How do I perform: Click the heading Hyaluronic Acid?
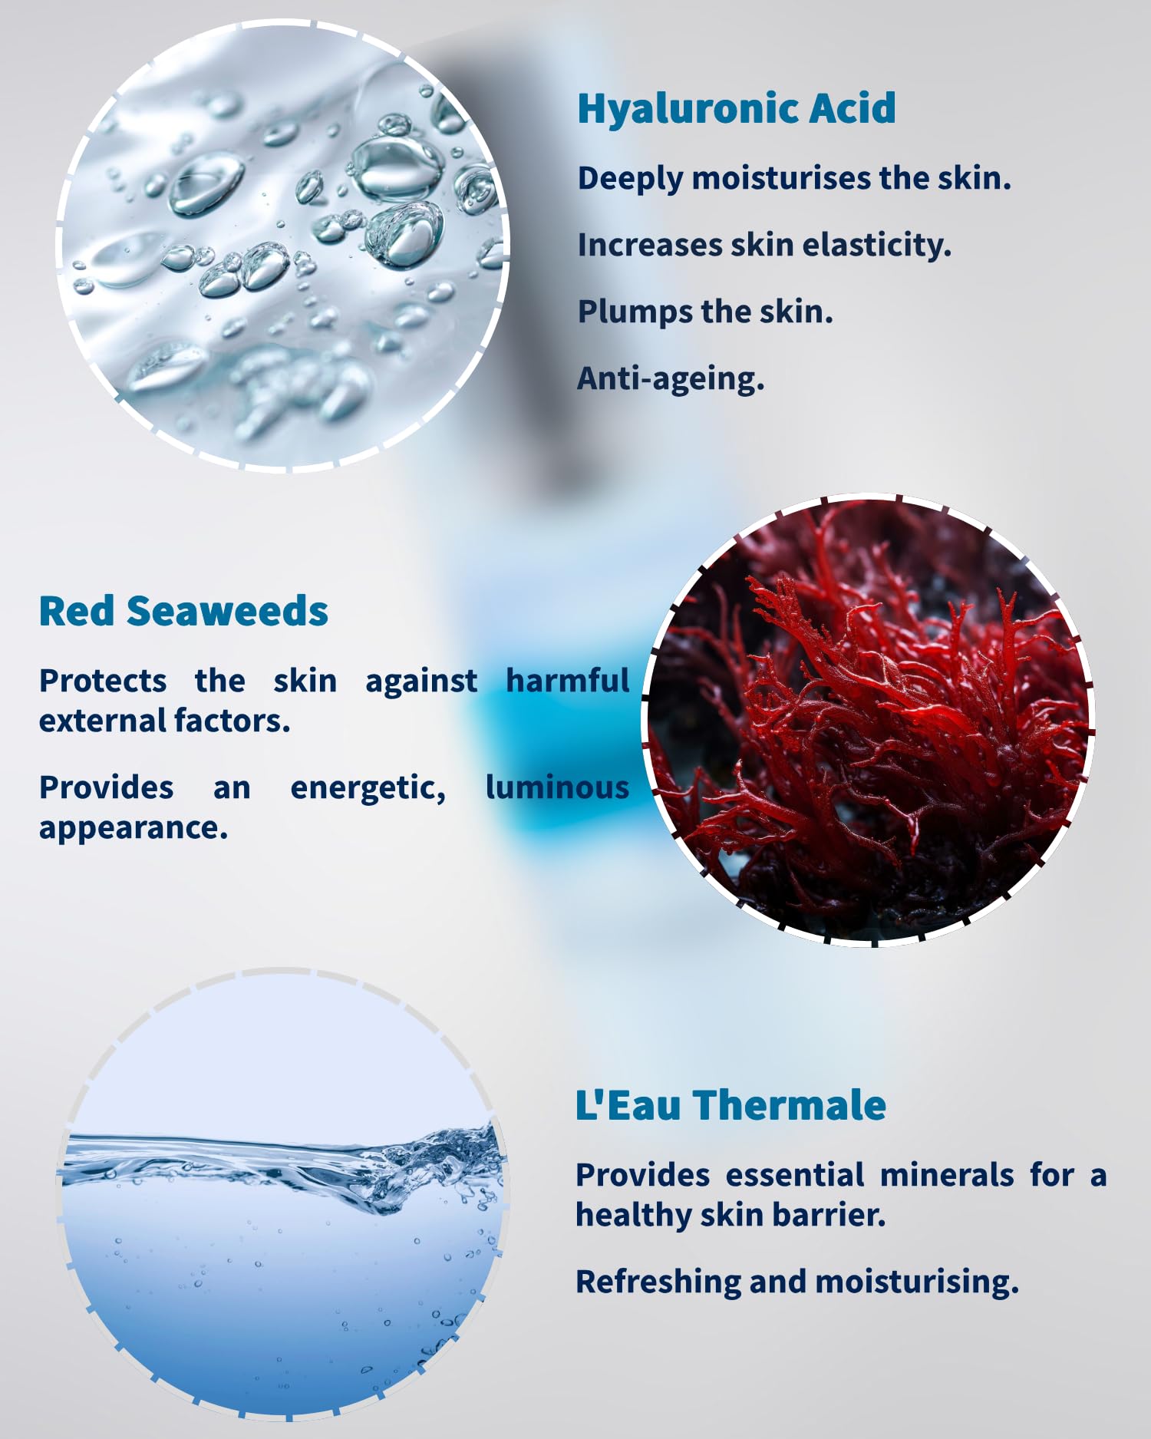tap(737, 108)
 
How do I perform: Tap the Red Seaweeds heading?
tap(183, 611)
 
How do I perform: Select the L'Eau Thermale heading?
tap(731, 1105)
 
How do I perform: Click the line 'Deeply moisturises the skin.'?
tap(794, 179)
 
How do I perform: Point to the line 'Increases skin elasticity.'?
tap(764, 245)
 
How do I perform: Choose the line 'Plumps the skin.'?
tap(705, 312)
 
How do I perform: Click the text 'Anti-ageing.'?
tap(671, 378)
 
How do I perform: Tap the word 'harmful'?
tap(568, 680)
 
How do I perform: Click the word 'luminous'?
tap(557, 787)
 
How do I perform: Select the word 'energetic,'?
tap(368, 789)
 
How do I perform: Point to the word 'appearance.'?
tap(134, 829)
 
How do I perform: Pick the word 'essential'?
tap(795, 1175)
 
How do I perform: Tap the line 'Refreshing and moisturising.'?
tap(797, 1282)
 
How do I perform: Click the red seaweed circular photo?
tap(869, 721)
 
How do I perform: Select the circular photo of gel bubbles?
tap(282, 246)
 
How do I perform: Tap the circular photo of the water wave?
tap(282, 1195)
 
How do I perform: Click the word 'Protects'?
tap(103, 681)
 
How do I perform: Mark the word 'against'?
tap(421, 682)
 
